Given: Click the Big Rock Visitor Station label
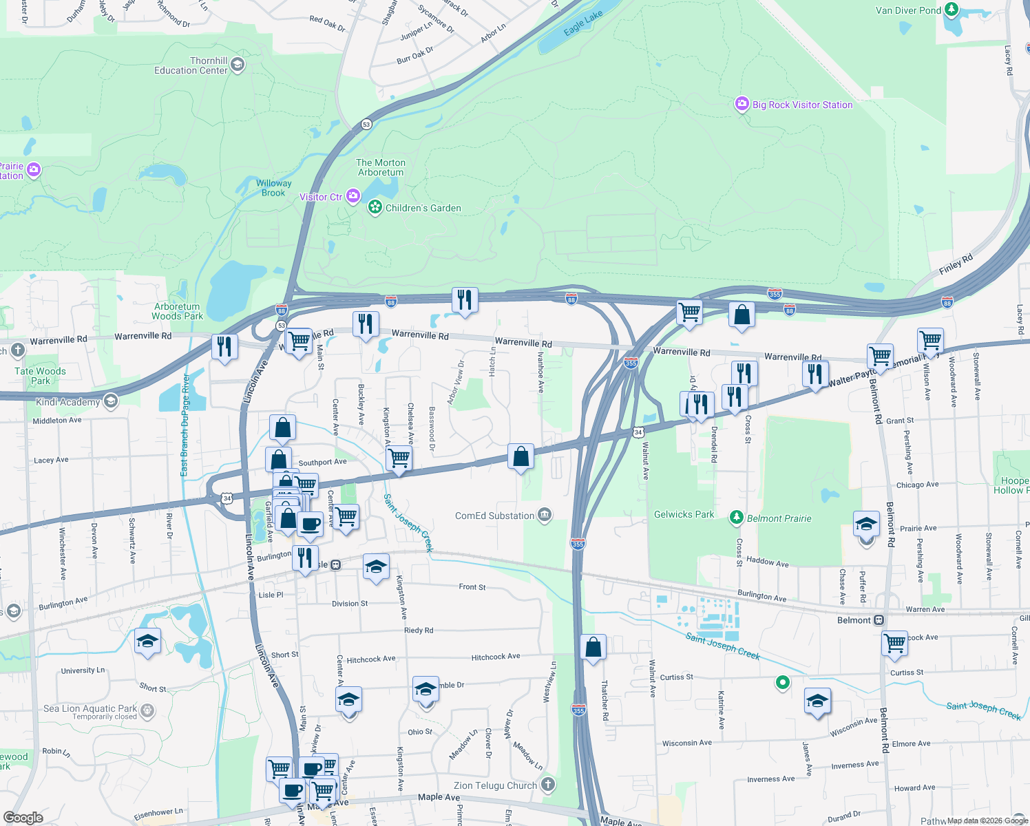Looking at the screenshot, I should (802, 105).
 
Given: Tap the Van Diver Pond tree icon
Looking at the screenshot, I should (952, 10).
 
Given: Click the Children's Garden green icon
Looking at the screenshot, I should (375, 207).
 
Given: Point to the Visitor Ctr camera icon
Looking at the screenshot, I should (353, 197).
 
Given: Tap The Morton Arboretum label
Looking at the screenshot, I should (381, 167).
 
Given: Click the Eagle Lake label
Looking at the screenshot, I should (582, 23).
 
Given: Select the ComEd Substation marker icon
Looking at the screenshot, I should (545, 515).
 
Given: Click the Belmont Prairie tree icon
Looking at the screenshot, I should (737, 517).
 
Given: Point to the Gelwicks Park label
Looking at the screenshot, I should (684, 514).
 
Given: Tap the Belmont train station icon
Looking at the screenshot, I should (879, 620).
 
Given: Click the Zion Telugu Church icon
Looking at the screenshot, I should (547, 785).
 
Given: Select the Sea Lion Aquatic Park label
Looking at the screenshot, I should (90, 708).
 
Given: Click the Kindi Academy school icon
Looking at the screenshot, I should (110, 401).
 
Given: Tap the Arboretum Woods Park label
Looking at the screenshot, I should (177, 311).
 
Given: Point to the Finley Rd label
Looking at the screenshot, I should (956, 263).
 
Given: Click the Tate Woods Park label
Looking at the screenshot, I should (41, 376).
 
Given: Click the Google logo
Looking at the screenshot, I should (23, 817).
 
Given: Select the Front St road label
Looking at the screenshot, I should (472, 586).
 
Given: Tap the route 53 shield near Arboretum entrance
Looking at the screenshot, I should (366, 125).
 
